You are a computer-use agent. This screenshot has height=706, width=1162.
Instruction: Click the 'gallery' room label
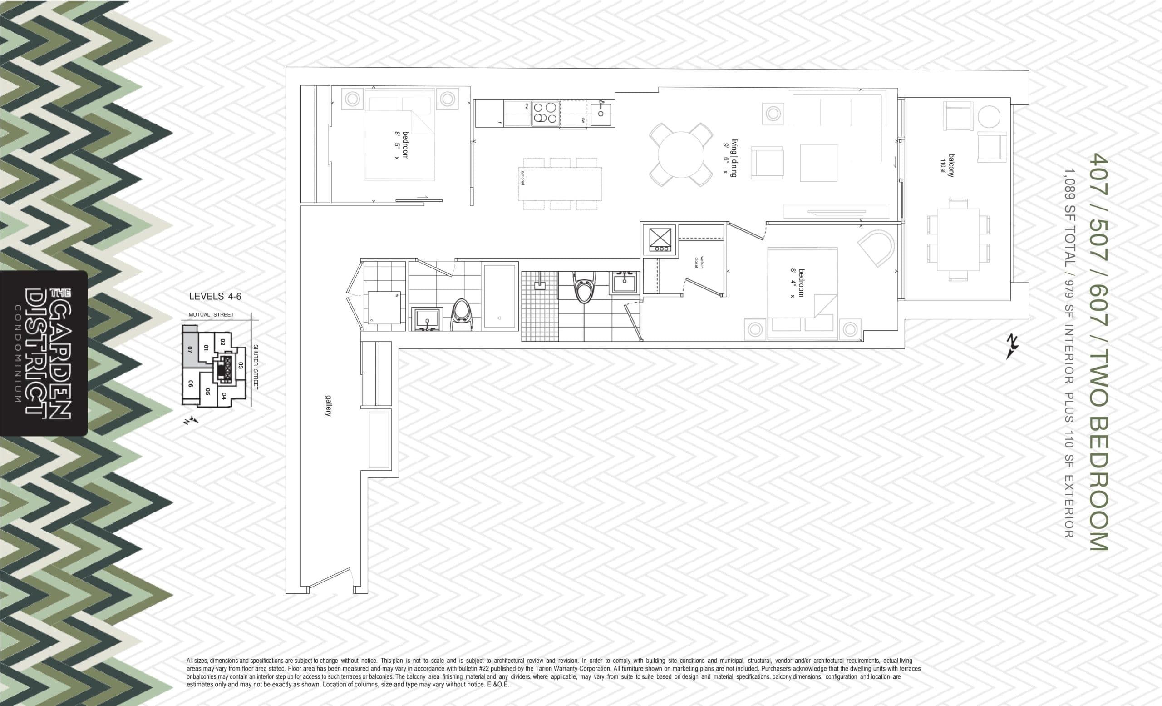(326, 405)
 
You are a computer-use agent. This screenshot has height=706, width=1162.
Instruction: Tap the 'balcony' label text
(951, 165)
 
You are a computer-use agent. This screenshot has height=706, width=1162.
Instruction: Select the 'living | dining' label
(734, 158)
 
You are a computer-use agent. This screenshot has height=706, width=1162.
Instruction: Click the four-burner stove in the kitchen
(545, 114)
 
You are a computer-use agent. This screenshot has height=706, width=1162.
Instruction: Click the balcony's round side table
(989, 117)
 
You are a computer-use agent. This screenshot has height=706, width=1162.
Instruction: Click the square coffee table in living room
(818, 163)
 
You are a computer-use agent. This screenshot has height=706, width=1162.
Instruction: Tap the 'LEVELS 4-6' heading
(215, 296)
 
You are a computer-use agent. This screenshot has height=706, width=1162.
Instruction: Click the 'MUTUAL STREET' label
(211, 314)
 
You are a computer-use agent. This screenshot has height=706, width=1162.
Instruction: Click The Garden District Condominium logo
(44, 353)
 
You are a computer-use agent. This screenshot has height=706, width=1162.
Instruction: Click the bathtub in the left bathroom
(500, 296)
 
